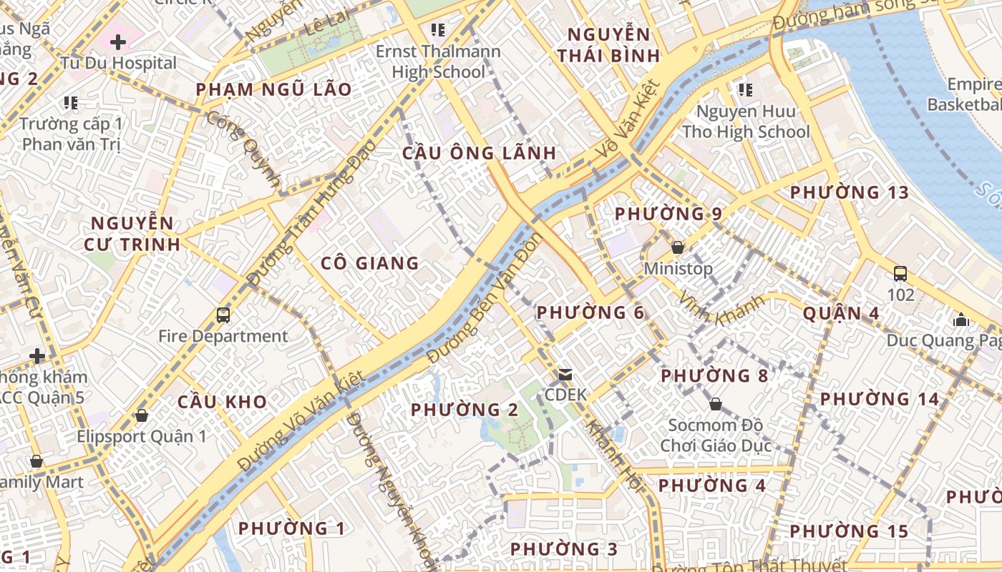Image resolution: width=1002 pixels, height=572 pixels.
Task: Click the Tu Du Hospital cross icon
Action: pos(118,42)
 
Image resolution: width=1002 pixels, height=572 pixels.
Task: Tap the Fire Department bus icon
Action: pos(223,315)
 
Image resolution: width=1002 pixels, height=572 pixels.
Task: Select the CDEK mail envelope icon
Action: pos(565,374)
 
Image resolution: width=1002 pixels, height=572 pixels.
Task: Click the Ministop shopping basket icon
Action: pos(677,247)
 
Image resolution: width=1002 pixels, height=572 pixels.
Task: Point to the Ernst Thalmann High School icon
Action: pos(438,30)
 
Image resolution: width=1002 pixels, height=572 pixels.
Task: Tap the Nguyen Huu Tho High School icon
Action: pos(746,90)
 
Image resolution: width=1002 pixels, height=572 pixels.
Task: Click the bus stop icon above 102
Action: pos(900,273)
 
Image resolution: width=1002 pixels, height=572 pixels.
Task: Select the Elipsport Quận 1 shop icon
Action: pos(142,415)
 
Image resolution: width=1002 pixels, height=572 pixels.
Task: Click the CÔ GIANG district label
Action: pos(369,263)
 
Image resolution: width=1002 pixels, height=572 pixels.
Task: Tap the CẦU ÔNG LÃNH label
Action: pos(479,153)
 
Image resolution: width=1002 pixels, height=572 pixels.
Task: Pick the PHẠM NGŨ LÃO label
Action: pos(274,89)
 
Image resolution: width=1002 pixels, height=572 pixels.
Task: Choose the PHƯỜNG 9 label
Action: pos(668,214)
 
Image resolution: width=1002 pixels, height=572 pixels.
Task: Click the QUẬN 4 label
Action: pos(841,313)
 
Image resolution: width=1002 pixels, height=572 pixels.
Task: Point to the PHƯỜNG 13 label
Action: pos(850,192)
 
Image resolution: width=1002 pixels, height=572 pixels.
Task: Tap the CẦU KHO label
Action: pos(222,402)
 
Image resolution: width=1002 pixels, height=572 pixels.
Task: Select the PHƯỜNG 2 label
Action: pos(464,410)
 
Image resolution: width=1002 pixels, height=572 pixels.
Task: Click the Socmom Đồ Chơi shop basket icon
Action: pos(715,405)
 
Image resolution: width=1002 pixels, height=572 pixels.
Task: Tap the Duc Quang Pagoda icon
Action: pos(961,320)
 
